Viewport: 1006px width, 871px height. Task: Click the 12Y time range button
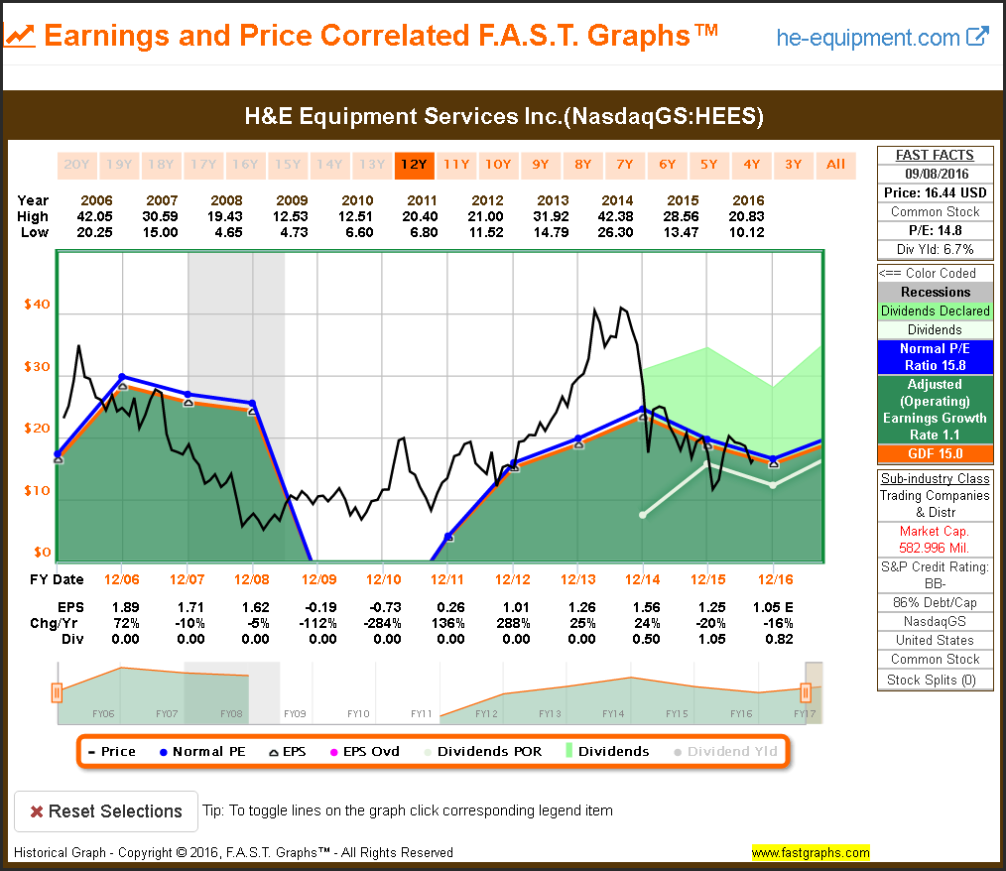412,165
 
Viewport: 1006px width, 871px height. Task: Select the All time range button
835,165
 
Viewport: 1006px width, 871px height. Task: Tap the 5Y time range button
708,165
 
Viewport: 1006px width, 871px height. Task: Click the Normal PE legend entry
202,751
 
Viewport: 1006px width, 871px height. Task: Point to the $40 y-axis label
37,305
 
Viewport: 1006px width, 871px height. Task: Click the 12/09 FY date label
319,579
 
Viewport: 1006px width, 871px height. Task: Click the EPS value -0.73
384,607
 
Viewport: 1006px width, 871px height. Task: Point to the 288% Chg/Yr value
512,623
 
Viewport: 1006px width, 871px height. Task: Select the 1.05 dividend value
707,639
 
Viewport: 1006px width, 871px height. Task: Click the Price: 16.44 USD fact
935,192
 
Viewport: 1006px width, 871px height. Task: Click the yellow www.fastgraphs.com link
810,852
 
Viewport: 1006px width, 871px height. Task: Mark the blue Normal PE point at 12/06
122,376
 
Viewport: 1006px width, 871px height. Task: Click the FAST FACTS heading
935,155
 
